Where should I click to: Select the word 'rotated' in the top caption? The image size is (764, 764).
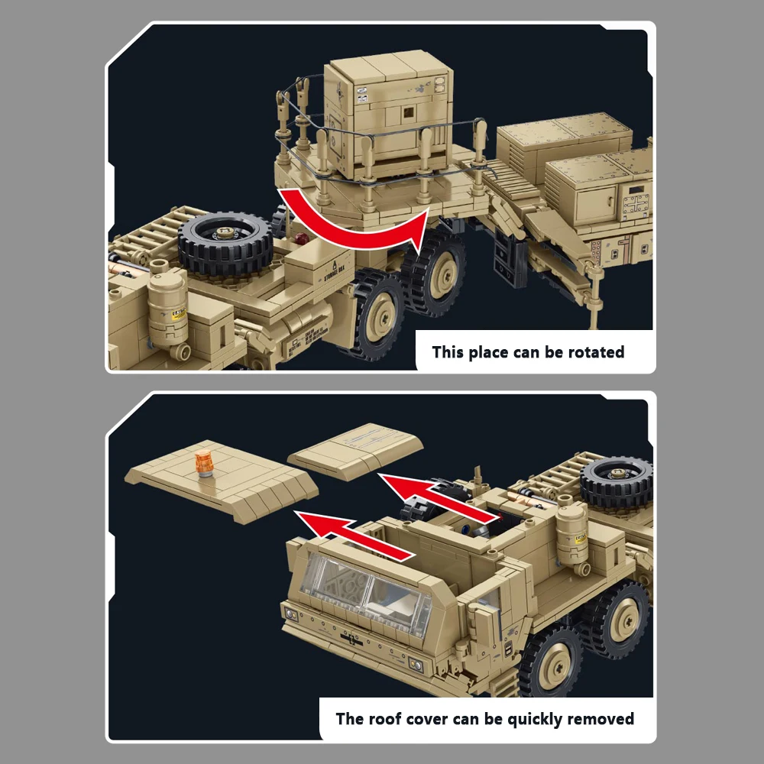tap(596, 352)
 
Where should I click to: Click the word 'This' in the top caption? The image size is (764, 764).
tap(449, 352)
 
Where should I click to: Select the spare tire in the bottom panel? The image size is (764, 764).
tap(616, 481)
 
